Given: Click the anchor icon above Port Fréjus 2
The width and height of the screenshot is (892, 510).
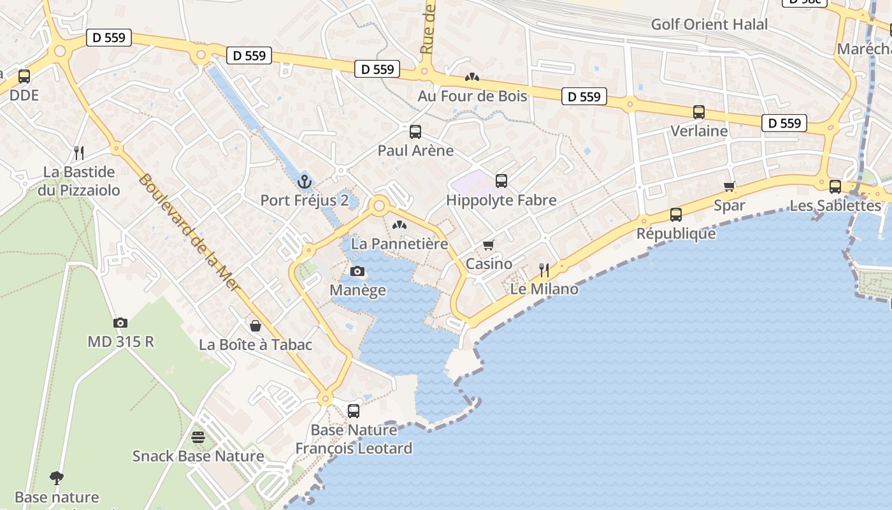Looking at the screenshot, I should point(305,182).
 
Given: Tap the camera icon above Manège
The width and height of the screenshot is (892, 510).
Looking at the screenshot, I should point(357,272).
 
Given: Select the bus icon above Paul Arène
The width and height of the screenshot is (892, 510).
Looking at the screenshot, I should point(415,132).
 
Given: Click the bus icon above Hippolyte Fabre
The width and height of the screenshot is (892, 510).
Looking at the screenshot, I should point(501,181).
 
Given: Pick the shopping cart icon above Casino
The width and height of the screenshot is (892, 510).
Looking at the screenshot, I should point(489,245).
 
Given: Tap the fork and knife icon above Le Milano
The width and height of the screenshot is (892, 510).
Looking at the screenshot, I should point(544,270).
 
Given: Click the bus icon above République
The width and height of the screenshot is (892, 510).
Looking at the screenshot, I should point(676,215).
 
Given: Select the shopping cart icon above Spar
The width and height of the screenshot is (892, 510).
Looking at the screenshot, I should point(730,186).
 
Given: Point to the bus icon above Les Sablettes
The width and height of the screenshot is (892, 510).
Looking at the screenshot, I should point(835,187).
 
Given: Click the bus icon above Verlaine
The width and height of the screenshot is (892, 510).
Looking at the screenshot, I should point(699,112).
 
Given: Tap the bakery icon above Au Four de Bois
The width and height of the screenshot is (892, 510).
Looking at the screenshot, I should point(472,77).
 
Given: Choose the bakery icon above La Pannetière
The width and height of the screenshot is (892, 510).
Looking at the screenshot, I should point(399,225).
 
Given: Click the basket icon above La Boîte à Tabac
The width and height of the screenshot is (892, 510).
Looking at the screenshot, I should point(255,326).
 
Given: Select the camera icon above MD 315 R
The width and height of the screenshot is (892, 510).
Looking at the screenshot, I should point(120,323).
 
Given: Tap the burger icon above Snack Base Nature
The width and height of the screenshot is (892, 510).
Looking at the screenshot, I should point(198,437).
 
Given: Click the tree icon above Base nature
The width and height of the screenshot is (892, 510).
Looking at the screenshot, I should point(57,478).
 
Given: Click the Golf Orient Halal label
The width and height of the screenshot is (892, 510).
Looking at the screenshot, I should point(709,25).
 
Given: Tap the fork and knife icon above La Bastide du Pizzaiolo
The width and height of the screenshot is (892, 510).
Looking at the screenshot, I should point(79,152).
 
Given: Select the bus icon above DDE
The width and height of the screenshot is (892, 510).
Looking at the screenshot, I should point(24,76).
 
